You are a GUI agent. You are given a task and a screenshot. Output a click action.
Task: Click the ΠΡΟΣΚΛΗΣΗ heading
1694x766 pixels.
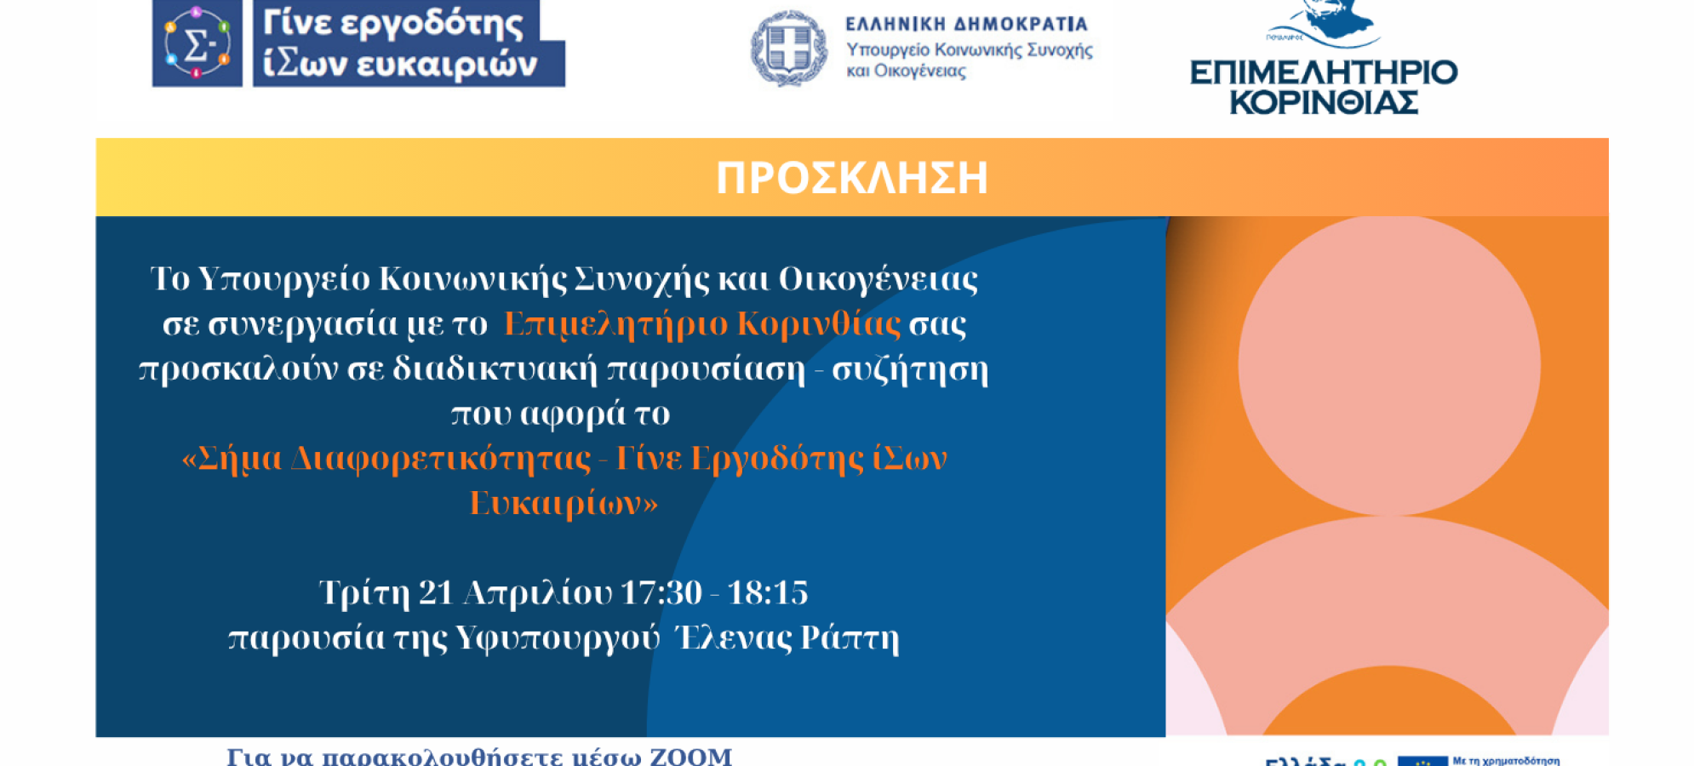(x=851, y=178)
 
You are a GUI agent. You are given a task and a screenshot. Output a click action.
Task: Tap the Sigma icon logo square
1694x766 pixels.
(x=197, y=43)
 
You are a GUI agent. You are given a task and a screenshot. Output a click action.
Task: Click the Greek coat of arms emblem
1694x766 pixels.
(x=788, y=48)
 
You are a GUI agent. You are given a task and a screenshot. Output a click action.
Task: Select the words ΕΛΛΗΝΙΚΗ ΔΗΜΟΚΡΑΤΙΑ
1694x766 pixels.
(x=966, y=24)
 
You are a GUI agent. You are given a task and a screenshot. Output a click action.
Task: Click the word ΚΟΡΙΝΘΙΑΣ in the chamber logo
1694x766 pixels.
(x=1324, y=103)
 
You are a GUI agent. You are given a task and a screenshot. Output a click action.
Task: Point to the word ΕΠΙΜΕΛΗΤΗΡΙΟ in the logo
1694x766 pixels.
(x=1324, y=72)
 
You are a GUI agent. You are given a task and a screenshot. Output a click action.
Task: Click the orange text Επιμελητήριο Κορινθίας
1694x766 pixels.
(x=701, y=324)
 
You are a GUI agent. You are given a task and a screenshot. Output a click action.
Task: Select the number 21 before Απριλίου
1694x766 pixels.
(x=435, y=592)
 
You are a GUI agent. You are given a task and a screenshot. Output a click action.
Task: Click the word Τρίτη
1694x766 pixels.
(x=363, y=592)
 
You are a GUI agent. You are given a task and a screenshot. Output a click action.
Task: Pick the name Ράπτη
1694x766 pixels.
(x=850, y=637)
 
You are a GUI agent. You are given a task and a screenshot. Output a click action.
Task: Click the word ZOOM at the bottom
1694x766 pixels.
(x=690, y=756)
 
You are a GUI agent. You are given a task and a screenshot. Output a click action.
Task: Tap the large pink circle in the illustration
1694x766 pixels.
(x=1388, y=364)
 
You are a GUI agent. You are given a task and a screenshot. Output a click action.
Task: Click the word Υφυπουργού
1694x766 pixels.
(x=558, y=637)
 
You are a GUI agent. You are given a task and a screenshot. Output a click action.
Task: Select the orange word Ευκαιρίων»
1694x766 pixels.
(x=564, y=503)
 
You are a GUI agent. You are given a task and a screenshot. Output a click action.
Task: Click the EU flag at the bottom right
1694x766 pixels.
(x=1422, y=760)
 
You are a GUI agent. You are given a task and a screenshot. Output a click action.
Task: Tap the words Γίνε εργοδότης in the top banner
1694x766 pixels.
(x=392, y=23)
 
